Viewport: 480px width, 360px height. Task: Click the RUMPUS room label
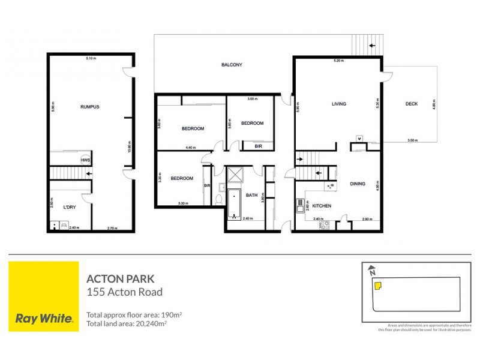click(89, 107)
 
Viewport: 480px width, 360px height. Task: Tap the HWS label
click(86, 160)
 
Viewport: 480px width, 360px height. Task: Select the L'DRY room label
click(68, 207)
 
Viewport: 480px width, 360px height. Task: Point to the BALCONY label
click(232, 65)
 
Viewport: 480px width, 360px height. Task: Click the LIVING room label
click(339, 104)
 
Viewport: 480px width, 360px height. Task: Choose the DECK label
click(411, 104)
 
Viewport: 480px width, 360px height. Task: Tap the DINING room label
click(358, 184)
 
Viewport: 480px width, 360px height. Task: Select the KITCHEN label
click(322, 205)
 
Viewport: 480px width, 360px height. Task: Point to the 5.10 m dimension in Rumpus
click(91, 58)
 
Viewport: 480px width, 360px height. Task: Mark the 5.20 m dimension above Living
click(338, 61)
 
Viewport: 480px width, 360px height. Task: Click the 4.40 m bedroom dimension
click(191, 148)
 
